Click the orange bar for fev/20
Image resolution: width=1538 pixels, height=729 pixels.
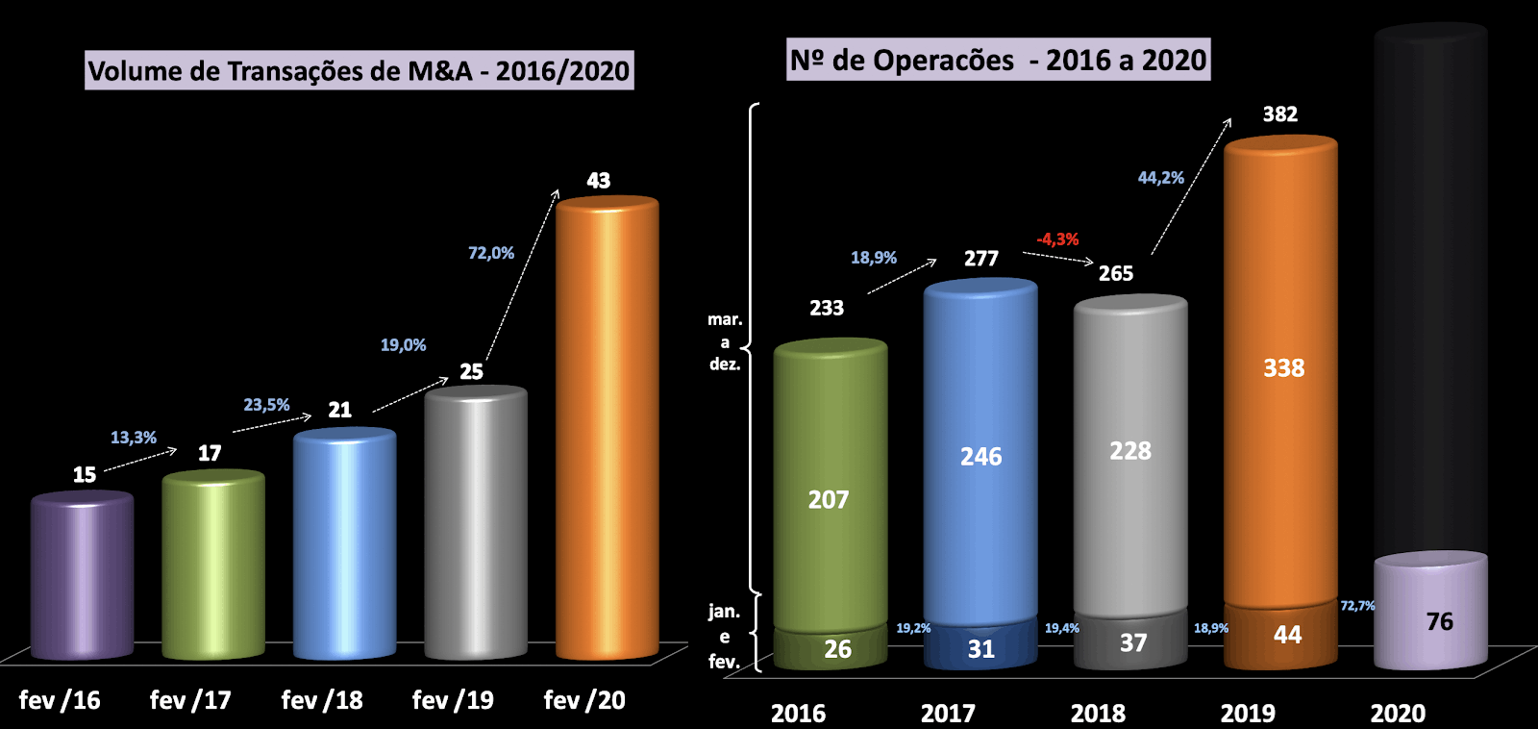click(x=607, y=428)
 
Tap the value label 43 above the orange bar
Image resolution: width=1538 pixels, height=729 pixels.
click(x=598, y=181)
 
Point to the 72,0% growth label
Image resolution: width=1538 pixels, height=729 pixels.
click(x=491, y=253)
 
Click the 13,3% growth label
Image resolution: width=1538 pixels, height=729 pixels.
click(x=134, y=438)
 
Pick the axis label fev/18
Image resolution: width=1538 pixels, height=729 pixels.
click(x=322, y=700)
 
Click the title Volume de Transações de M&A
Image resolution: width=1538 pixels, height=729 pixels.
click(x=359, y=70)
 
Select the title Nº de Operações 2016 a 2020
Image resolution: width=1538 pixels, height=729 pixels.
click(x=998, y=61)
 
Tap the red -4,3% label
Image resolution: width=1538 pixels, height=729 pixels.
click(x=1057, y=239)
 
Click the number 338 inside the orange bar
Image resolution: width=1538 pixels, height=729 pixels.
click(x=1283, y=368)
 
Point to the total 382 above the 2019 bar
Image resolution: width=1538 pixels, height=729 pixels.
click(x=1279, y=114)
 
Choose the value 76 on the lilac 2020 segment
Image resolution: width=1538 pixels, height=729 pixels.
click(x=1439, y=621)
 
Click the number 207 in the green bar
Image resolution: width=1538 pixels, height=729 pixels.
click(x=828, y=500)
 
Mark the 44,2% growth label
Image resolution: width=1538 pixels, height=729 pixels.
click(x=1160, y=178)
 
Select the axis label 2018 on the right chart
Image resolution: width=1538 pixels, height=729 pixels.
click(x=1098, y=714)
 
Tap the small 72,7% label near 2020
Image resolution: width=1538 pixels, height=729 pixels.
click(x=1357, y=606)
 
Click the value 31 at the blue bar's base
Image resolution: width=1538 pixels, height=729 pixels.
click(x=980, y=649)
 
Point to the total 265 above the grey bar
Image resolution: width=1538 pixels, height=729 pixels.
click(x=1115, y=274)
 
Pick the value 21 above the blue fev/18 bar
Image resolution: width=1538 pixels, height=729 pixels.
click(x=339, y=410)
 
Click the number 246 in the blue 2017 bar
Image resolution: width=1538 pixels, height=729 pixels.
click(x=980, y=457)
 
